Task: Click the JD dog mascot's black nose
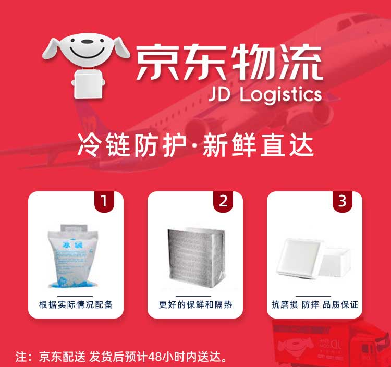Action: click(x=87, y=42)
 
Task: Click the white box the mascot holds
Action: click(x=88, y=84)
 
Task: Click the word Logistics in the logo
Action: click(x=280, y=95)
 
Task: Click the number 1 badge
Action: click(x=104, y=201)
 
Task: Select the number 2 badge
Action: click(x=223, y=201)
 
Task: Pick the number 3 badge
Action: click(x=343, y=201)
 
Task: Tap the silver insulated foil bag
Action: click(x=197, y=258)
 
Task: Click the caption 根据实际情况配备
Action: click(x=76, y=304)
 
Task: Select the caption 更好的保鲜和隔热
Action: click(x=195, y=304)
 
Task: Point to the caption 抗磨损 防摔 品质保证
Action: click(x=315, y=304)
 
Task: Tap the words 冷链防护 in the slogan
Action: click(x=132, y=145)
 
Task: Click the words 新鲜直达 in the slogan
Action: click(x=258, y=145)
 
